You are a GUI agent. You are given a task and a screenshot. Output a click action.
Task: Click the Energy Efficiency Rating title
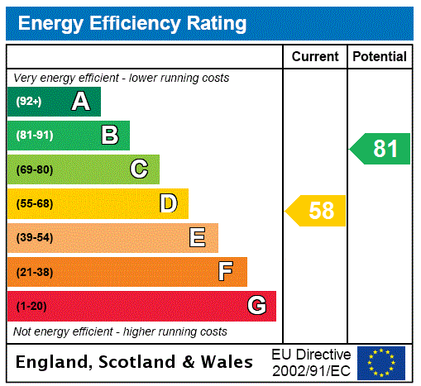click(132, 24)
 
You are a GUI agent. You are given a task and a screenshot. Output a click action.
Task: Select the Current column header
click(315, 56)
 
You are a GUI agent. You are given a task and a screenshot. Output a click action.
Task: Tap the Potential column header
click(380, 56)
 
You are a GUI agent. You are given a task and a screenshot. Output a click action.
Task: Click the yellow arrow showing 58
click(316, 211)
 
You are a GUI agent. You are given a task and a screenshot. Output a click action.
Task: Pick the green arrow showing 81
click(380, 149)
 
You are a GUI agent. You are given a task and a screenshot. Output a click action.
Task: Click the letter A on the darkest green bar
click(80, 102)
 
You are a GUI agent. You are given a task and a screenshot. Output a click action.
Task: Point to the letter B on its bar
click(109, 136)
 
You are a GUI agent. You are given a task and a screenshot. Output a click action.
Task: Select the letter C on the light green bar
click(139, 169)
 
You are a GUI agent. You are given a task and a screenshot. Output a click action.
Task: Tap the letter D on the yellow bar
click(168, 203)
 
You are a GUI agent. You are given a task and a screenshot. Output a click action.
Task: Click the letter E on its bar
click(198, 238)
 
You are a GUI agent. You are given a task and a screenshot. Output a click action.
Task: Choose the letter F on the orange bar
click(226, 272)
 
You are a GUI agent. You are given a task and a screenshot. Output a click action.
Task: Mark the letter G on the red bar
click(256, 306)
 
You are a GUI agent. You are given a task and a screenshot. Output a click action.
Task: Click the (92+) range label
click(29, 102)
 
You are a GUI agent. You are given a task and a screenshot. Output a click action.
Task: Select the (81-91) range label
click(35, 136)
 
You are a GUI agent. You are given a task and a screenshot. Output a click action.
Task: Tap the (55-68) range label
click(35, 203)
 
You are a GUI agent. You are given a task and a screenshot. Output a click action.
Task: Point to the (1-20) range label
click(31, 306)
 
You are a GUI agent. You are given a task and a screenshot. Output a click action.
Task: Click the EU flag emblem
click(381, 362)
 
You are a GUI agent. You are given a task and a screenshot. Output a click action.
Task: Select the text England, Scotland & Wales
click(135, 362)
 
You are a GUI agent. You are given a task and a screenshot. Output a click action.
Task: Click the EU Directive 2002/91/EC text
click(311, 362)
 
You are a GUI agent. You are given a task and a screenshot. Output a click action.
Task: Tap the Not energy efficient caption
click(120, 331)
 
